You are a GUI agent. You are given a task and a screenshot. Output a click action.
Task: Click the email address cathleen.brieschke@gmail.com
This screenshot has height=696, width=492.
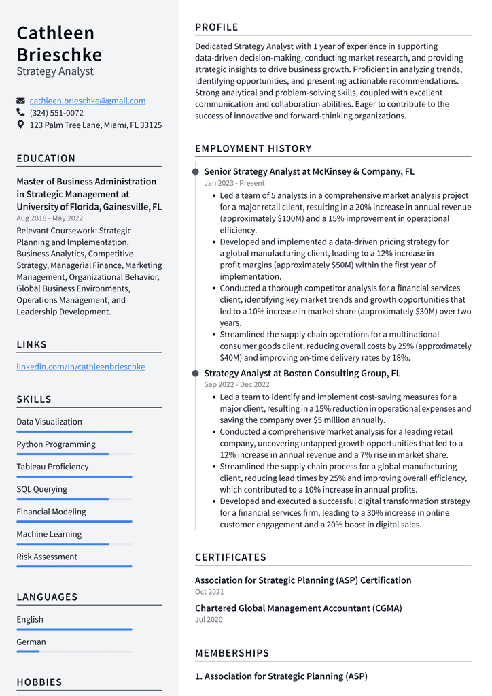pos(87,101)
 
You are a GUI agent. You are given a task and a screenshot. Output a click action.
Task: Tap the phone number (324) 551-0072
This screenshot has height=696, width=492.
pos(56,113)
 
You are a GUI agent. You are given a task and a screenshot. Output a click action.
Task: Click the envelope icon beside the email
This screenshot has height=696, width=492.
pos(20,101)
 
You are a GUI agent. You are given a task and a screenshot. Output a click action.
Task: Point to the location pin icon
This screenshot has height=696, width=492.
pos(20,125)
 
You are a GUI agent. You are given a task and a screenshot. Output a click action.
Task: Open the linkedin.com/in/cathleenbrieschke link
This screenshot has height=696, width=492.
pos(80,367)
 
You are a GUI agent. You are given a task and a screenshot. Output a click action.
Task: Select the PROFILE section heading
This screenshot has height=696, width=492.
pos(217,27)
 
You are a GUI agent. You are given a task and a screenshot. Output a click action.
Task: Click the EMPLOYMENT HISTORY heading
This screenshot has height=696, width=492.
pos(253,148)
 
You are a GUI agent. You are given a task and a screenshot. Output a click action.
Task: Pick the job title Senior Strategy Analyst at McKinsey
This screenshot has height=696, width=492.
pos(309,172)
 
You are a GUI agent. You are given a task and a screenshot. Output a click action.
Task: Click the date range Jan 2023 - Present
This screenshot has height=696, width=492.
pos(234,183)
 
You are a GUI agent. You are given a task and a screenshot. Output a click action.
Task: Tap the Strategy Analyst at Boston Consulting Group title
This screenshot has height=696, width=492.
pos(302,374)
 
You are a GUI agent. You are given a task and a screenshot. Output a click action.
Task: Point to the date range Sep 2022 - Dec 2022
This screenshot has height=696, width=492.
pos(236,384)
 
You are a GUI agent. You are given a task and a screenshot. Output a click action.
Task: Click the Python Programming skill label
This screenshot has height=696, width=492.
pos(56,444)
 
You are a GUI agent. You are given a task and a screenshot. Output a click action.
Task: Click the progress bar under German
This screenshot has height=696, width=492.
pos(74,651)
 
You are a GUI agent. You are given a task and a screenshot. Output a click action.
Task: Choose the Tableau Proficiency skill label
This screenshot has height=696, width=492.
pos(52,467)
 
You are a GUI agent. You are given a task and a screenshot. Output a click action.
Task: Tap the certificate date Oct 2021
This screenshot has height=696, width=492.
pos(209,592)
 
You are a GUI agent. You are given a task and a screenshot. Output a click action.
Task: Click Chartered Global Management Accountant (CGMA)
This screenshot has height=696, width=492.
pos(298,608)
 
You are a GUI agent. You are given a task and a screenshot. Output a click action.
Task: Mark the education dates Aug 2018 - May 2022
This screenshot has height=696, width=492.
pos(50,218)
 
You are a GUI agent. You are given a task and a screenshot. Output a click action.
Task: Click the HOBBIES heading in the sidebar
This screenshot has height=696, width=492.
pos(39,682)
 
